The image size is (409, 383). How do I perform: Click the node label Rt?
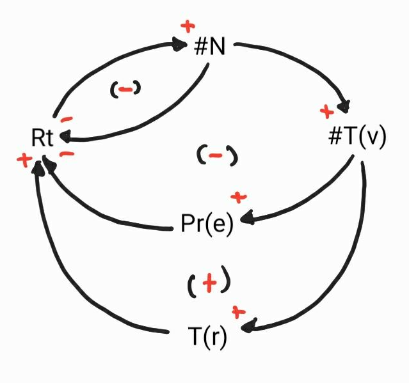click(x=42, y=137)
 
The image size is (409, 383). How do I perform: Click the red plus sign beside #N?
click(x=188, y=26)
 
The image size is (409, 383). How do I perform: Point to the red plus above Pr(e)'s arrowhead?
click(x=238, y=196)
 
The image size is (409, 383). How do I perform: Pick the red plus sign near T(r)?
click(x=239, y=311)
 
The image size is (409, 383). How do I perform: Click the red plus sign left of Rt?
click(x=24, y=160)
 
